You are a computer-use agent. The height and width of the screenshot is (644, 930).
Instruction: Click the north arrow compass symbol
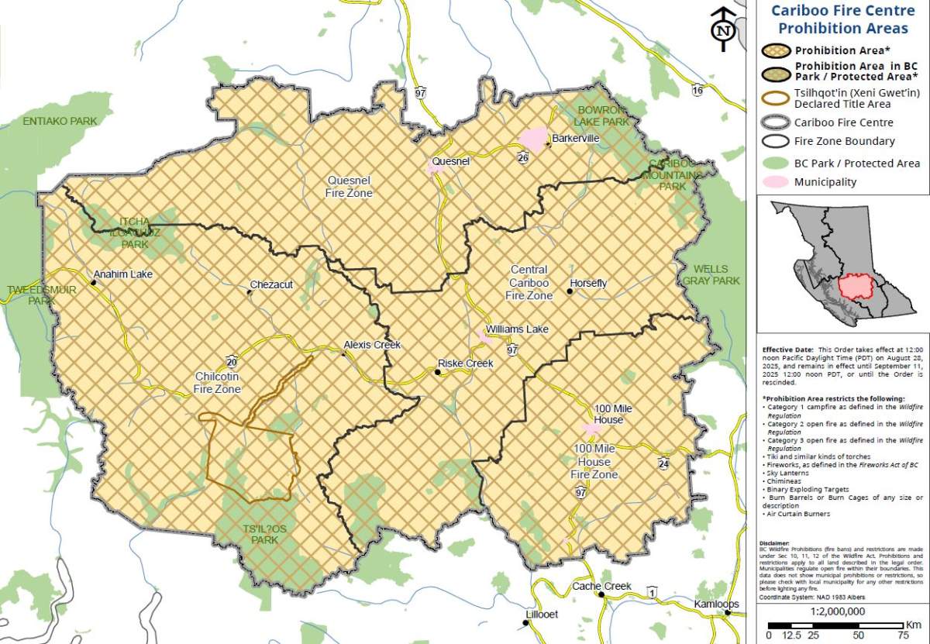point(723,29)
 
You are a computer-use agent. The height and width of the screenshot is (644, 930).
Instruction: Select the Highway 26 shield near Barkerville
point(525,157)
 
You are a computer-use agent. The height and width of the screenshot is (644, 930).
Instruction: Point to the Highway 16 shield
point(698,91)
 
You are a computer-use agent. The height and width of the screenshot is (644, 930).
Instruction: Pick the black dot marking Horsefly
point(570,292)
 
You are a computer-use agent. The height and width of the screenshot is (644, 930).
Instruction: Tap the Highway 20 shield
point(232,361)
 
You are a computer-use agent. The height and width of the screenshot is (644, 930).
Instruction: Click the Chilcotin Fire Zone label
point(218,383)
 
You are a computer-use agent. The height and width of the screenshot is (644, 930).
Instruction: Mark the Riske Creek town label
point(466,363)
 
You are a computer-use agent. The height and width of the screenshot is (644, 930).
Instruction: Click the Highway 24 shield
point(663,463)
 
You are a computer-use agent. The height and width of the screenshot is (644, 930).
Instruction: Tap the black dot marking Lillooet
point(526,622)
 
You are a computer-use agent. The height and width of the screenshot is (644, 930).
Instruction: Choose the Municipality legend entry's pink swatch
point(777,183)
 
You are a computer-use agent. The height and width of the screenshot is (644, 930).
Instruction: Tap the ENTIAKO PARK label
point(60,122)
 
